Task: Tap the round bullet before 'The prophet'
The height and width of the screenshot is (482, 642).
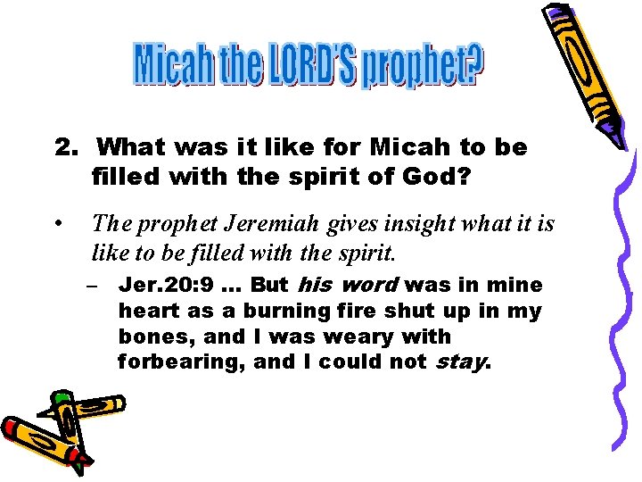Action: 58,220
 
